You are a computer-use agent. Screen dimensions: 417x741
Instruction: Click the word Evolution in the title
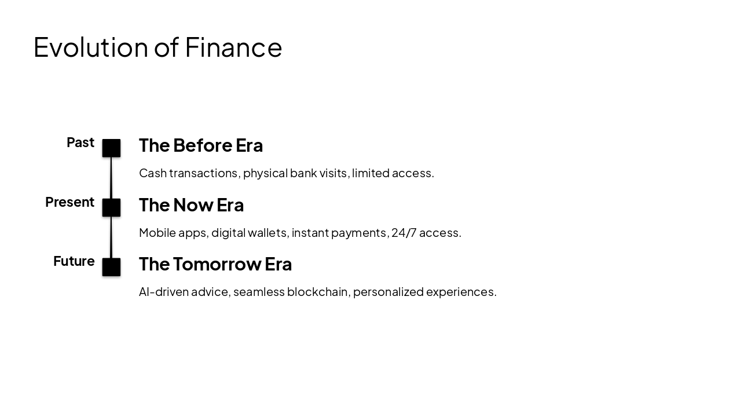[91, 47]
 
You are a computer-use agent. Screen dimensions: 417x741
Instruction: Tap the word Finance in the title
[233, 47]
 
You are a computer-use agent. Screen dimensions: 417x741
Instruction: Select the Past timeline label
[80, 142]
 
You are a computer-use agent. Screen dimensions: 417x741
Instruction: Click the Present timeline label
[69, 202]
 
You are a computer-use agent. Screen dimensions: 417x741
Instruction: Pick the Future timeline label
[74, 261]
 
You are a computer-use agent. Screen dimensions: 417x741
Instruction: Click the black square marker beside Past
[111, 148]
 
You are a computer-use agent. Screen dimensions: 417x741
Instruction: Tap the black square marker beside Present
[111, 207]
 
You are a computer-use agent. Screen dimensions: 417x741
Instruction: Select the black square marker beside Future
[111, 267]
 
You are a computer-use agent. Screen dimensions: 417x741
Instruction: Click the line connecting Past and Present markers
[111, 178]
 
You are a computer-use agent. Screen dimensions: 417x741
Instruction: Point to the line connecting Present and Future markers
[111, 237]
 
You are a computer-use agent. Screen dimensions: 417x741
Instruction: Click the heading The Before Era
[200, 145]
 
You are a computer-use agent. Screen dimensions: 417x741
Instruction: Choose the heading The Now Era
[191, 205]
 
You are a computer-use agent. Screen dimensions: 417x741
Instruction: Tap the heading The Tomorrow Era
[215, 264]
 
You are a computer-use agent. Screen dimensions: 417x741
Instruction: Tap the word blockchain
[318, 292]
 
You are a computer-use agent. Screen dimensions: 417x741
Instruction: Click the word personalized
[388, 292]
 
